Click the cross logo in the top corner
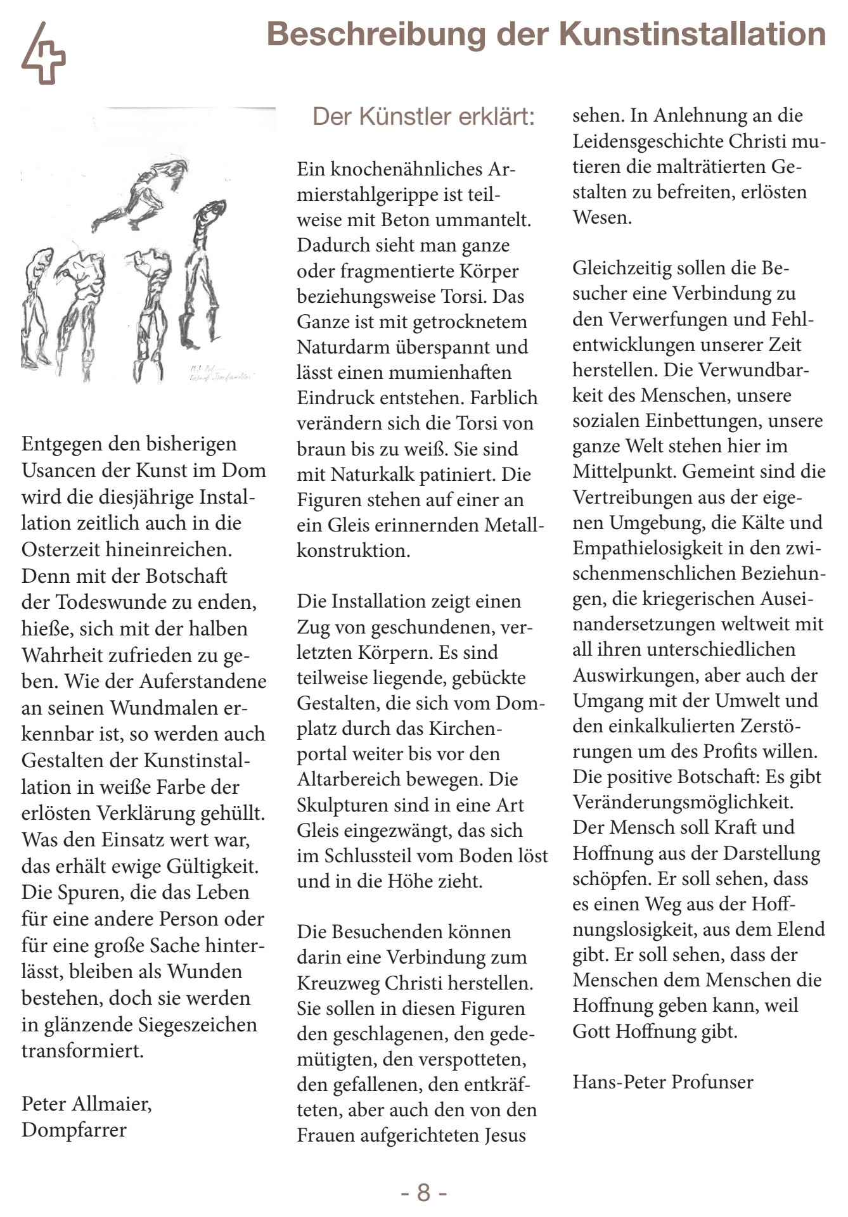[43, 54]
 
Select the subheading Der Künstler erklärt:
[423, 117]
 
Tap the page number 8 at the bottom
[423, 1192]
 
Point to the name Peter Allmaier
[86, 1104]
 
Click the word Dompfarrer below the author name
[74, 1130]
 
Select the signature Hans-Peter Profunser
[663, 1081]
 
